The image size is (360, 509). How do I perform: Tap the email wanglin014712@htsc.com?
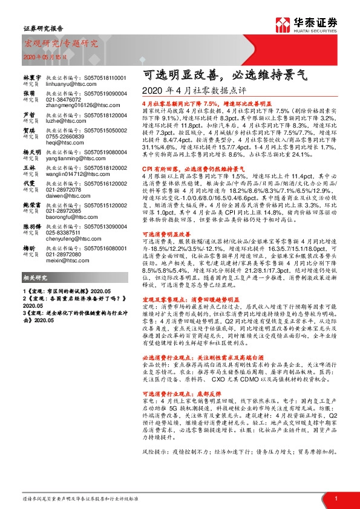tap(77, 173)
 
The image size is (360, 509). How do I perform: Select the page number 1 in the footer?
tap(335, 498)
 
